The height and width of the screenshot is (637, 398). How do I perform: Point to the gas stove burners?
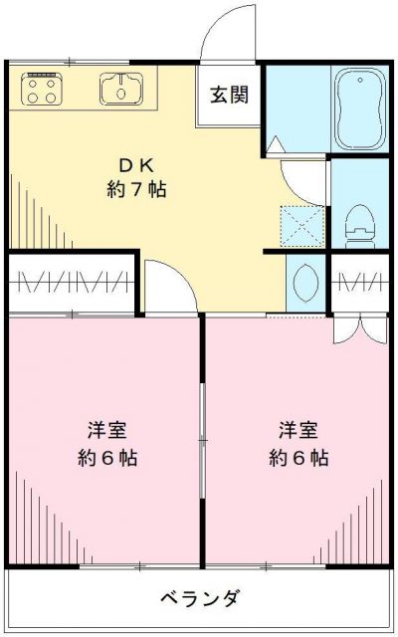(x=42, y=90)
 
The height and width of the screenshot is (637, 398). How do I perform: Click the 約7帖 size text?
(x=135, y=189)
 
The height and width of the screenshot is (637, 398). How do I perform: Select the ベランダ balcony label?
(x=199, y=599)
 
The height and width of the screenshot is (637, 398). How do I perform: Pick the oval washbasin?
(x=304, y=282)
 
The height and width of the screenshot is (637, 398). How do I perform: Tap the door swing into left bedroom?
(x=167, y=289)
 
